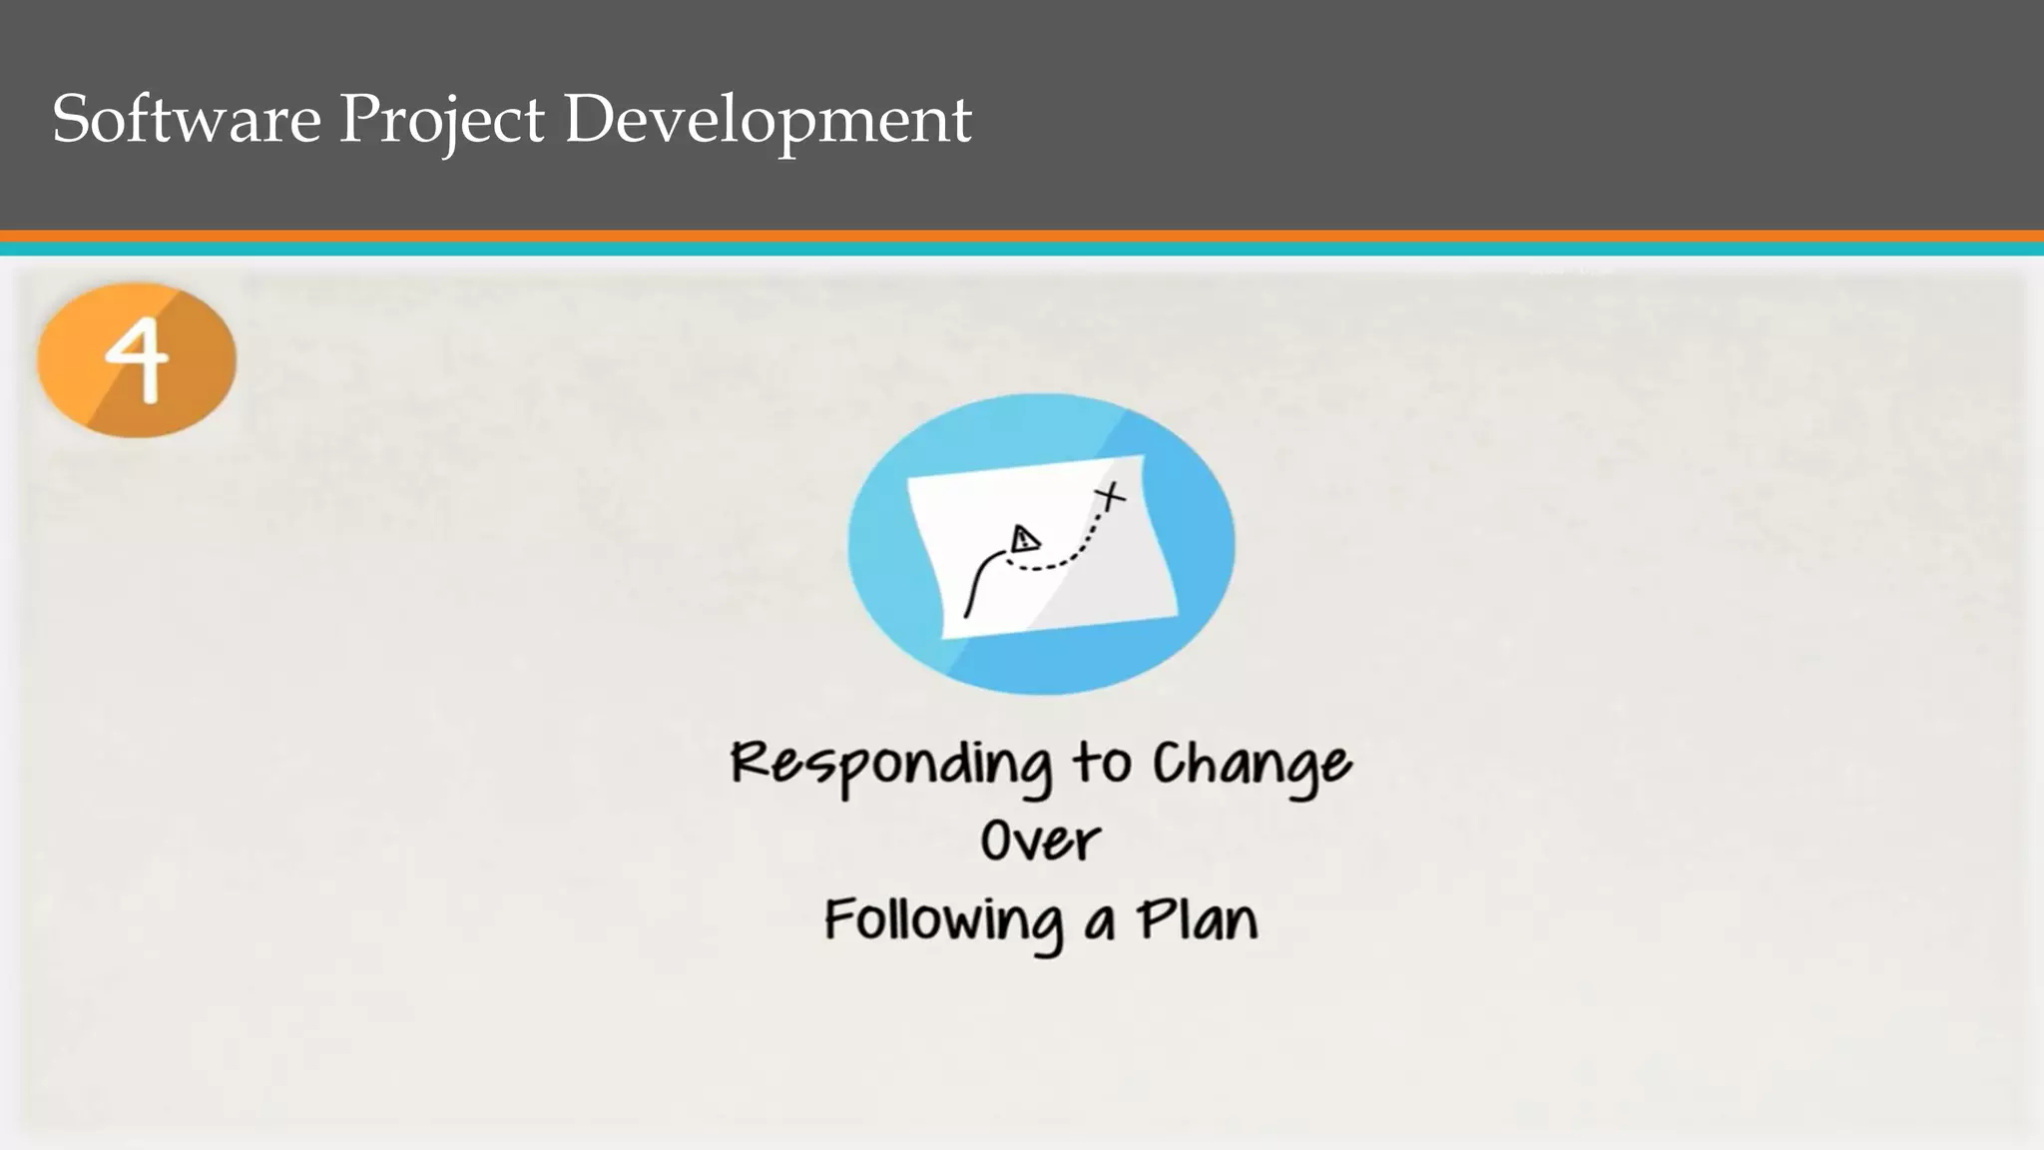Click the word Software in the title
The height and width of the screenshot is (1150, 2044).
pos(187,119)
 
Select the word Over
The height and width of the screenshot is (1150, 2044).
pos(1040,842)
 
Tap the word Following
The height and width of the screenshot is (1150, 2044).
pos(943,920)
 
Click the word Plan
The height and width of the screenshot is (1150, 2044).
pos(1197,918)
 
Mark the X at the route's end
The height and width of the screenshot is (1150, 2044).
pos(1109,495)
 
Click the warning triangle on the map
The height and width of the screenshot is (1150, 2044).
pos(1023,541)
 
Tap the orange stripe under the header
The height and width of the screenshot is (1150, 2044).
pos(1022,237)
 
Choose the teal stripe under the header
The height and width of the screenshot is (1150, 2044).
pos(1022,250)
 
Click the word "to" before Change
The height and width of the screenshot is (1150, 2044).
pos(1102,764)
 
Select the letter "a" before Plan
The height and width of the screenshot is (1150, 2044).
pos(1099,922)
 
